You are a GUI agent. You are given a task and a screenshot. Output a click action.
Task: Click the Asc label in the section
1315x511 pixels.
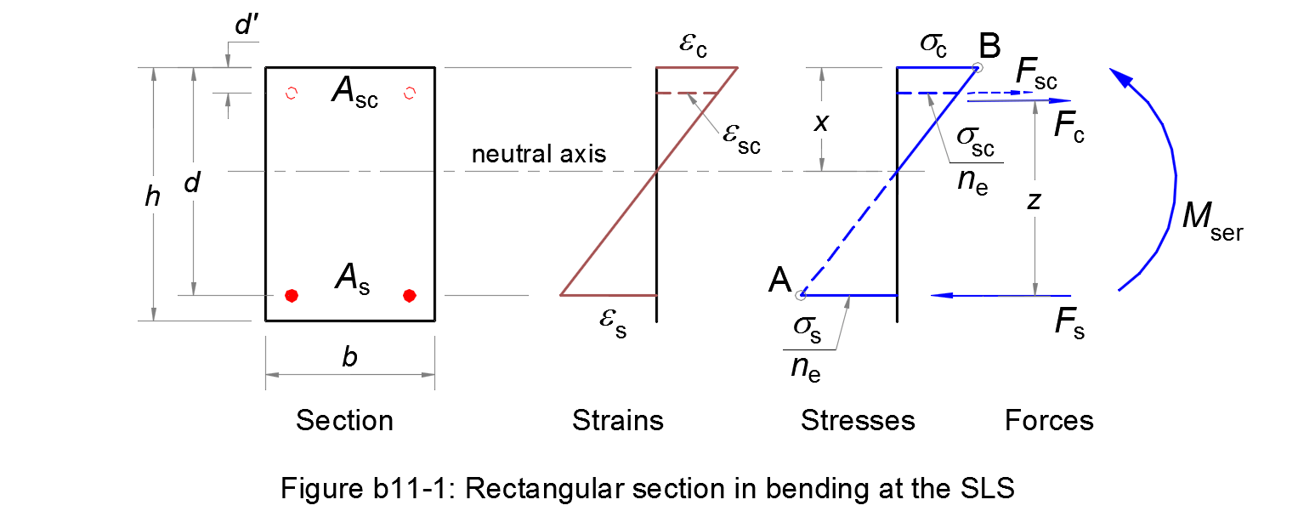[354, 94]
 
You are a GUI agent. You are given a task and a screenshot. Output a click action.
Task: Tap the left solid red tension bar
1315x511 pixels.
[292, 296]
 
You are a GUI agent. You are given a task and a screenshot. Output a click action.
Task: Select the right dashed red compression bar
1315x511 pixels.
[410, 93]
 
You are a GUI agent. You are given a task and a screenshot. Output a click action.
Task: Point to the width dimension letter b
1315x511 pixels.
[349, 357]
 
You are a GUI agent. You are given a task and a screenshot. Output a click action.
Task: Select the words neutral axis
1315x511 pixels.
[539, 154]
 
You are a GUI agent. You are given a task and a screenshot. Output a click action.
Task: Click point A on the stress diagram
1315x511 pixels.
[801, 295]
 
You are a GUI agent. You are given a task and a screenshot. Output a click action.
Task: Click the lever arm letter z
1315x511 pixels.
[1034, 202]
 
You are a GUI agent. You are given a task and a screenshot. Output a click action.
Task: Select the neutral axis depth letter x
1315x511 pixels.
[820, 122]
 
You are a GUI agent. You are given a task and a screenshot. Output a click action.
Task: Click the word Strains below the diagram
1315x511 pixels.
[617, 420]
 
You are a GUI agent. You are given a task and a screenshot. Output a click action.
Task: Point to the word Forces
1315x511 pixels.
[1049, 420]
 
